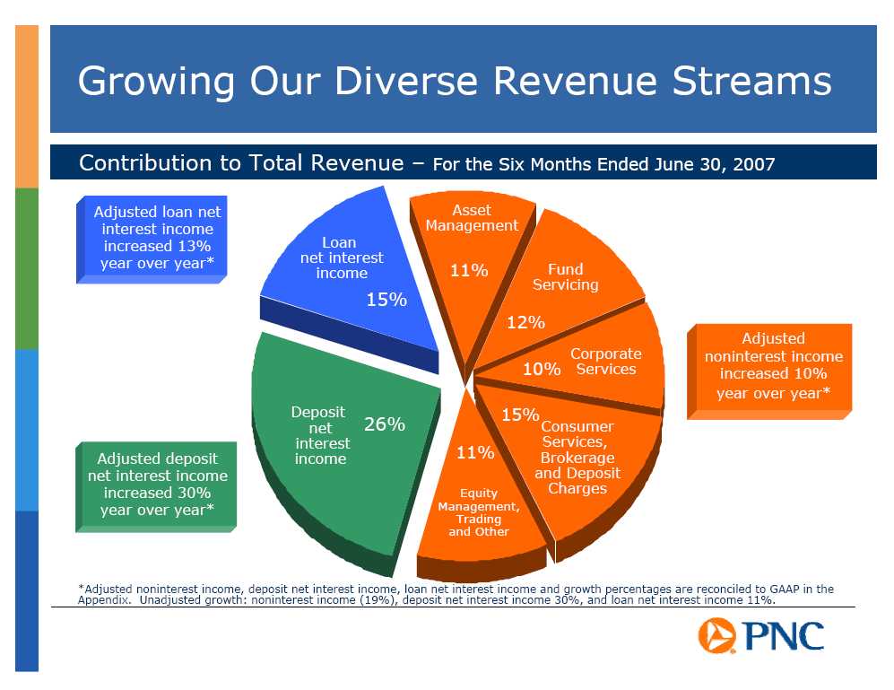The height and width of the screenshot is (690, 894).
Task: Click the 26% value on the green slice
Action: point(385,424)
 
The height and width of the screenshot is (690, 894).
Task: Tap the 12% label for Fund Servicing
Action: point(525,322)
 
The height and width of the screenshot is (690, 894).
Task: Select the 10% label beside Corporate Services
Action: point(542,370)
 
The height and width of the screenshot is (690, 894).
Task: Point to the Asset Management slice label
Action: point(472,218)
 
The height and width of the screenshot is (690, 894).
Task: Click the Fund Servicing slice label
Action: point(566,276)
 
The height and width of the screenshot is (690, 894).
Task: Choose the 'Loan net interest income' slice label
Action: point(342,258)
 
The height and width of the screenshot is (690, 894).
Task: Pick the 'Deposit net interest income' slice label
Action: point(319,435)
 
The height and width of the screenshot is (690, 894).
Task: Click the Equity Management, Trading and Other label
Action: point(478,512)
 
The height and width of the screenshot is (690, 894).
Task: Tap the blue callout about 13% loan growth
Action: point(152,240)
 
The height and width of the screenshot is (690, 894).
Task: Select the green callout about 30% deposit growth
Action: point(156,487)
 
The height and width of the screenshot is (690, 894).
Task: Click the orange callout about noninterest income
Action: point(769,371)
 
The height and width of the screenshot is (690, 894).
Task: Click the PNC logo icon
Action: point(716,635)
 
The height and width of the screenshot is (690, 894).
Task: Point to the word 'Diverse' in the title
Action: point(405,81)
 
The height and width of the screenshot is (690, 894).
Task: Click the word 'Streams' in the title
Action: point(751,81)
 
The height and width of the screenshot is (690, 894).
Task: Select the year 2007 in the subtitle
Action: point(754,164)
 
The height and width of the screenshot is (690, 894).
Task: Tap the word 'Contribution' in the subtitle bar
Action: point(145,163)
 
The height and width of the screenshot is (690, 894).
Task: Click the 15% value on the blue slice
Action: point(386,300)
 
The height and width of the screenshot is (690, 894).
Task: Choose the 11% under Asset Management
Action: point(469,270)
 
